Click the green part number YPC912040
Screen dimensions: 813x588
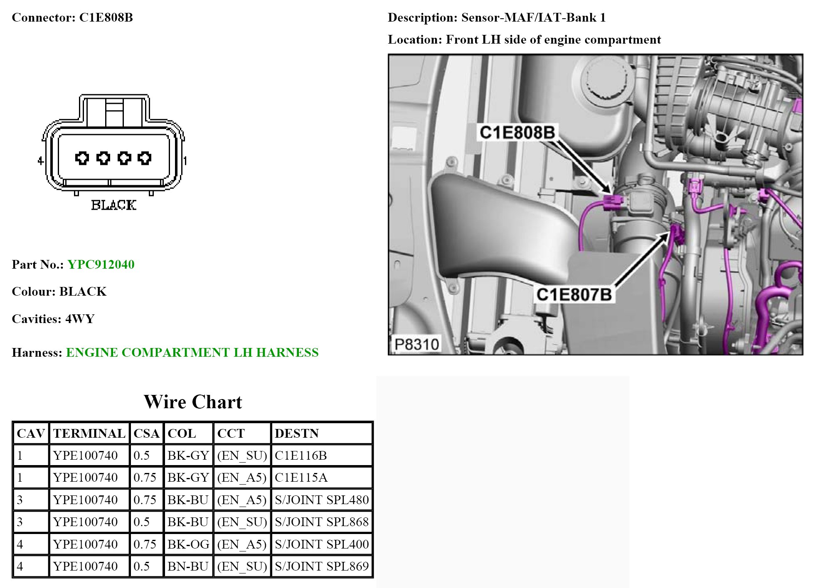pos(101,265)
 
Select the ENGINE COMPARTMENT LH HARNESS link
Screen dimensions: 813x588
pos(192,353)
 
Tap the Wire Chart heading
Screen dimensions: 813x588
pos(193,402)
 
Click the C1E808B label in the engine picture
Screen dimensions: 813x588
pos(517,132)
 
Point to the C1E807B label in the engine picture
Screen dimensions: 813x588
pos(574,294)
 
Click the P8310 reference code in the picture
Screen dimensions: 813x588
pos(416,344)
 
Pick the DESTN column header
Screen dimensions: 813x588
pos(297,434)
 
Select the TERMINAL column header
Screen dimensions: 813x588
pos(89,434)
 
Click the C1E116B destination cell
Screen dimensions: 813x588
pos(301,456)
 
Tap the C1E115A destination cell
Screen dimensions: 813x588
pos(301,478)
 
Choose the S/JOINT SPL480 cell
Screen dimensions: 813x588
pos(322,500)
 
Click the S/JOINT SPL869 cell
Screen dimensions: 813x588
pos(322,566)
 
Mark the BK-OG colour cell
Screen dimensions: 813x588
pos(188,544)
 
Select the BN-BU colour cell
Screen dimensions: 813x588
pos(188,566)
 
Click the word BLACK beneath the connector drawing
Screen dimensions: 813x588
pos(113,205)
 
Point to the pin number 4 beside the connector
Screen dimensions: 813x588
pos(40,160)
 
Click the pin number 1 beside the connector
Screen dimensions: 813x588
pos(185,160)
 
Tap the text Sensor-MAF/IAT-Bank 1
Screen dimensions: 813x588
pos(533,17)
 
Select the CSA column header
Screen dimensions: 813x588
pos(146,434)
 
